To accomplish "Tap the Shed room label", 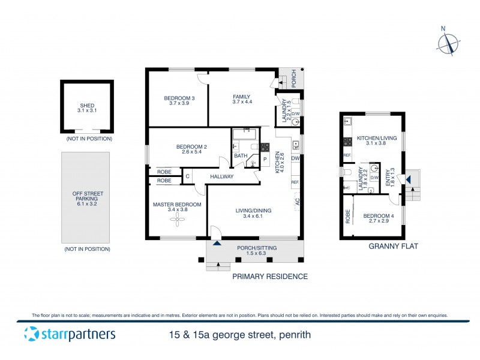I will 87,107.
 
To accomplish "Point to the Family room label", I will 242,100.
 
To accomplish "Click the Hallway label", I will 221,176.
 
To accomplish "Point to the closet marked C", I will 187,176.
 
